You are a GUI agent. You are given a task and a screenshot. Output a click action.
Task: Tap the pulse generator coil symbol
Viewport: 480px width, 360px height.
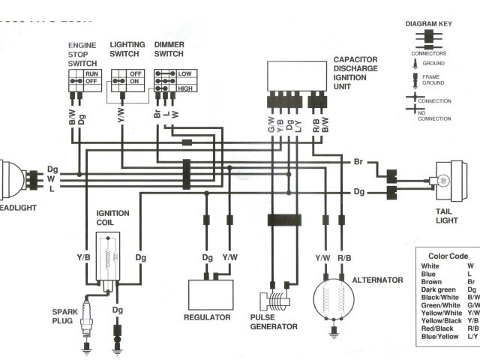click(277, 302)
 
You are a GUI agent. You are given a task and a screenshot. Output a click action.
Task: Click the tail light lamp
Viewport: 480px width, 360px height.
click(442, 181)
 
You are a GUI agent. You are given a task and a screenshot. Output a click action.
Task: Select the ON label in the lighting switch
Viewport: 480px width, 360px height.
click(135, 82)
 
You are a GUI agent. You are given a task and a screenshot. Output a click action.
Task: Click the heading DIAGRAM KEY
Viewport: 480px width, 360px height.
click(428, 23)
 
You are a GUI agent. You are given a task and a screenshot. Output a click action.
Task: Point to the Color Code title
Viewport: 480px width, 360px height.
click(448, 256)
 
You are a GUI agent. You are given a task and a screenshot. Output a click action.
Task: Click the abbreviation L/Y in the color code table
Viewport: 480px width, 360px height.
click(469, 336)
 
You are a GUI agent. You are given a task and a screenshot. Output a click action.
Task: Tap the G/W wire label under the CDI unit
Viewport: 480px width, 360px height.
click(271, 125)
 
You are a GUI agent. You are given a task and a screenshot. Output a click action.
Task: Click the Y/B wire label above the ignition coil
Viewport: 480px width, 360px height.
click(84, 257)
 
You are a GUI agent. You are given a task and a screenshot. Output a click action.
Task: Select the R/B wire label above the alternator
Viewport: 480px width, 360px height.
click(344, 258)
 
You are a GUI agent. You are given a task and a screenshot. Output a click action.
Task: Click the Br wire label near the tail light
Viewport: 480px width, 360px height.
click(358, 161)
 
